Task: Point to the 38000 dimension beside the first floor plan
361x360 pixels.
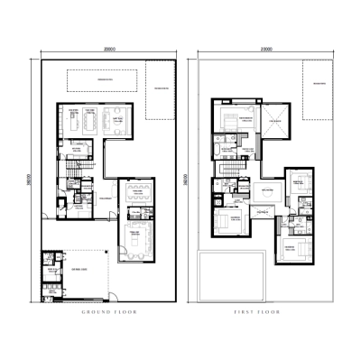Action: (186, 180)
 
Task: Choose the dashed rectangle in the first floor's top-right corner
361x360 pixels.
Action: (319, 97)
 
